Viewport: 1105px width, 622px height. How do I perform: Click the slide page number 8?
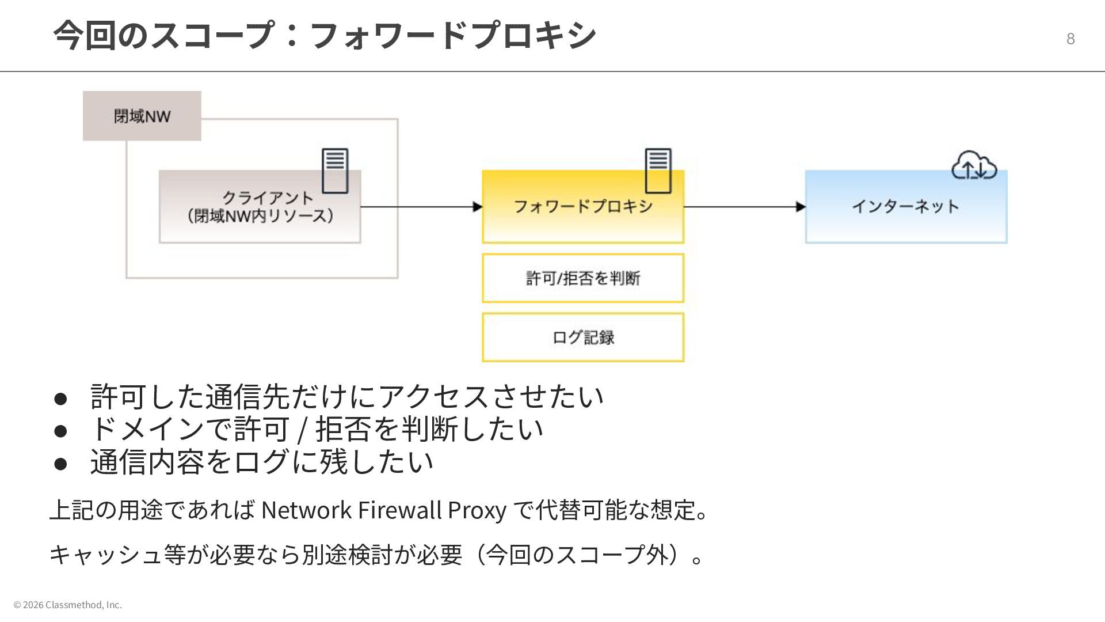(1070, 39)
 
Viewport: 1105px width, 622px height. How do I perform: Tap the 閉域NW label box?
(142, 116)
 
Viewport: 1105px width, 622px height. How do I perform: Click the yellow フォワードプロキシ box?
(582, 207)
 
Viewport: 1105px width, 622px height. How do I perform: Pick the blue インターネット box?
(905, 207)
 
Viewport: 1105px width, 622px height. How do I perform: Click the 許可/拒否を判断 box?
(582, 278)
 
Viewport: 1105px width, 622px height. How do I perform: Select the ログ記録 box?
(582, 337)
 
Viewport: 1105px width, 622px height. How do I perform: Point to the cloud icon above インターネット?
(974, 166)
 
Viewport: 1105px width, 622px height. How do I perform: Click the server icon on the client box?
(335, 170)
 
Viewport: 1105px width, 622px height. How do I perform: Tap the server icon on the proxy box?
(658, 170)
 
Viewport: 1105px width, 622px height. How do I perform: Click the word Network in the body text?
(306, 510)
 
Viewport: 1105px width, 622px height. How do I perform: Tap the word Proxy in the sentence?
(477, 510)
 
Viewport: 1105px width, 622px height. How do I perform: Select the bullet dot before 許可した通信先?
(61, 398)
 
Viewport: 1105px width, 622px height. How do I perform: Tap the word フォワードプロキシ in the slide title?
(452, 35)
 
